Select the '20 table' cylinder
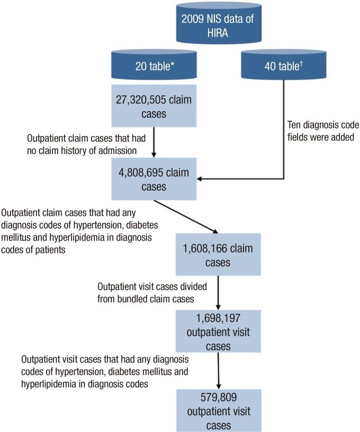pyautogui.click(x=153, y=67)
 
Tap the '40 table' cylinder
pyautogui.click(x=285, y=67)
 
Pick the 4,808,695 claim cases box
pyautogui.click(x=154, y=180)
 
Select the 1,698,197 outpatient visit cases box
pyautogui.click(x=219, y=331)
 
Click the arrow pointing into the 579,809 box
pyautogui.click(x=219, y=371)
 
